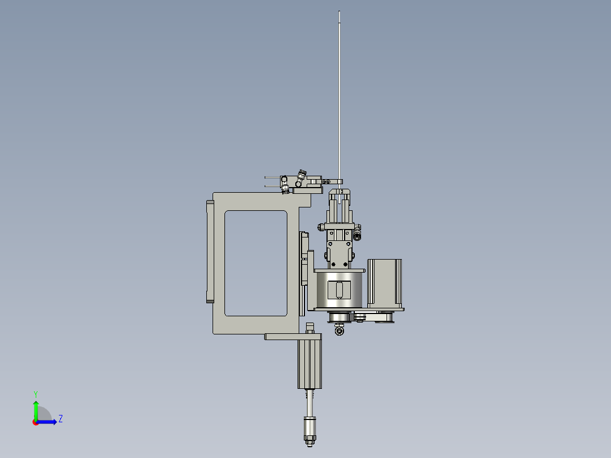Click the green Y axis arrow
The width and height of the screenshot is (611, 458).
(x=36, y=408)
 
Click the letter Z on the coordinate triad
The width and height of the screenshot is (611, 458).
(x=60, y=419)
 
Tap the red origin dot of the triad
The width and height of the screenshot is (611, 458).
(x=36, y=422)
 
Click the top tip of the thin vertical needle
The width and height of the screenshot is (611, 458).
(x=339, y=12)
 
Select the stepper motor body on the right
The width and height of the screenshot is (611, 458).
(x=384, y=283)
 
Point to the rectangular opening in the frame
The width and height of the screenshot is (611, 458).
(x=256, y=263)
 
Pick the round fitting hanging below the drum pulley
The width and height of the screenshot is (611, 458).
(x=340, y=330)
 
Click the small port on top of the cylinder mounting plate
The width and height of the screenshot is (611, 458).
(x=309, y=327)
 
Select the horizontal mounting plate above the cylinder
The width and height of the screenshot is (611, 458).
(x=293, y=337)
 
